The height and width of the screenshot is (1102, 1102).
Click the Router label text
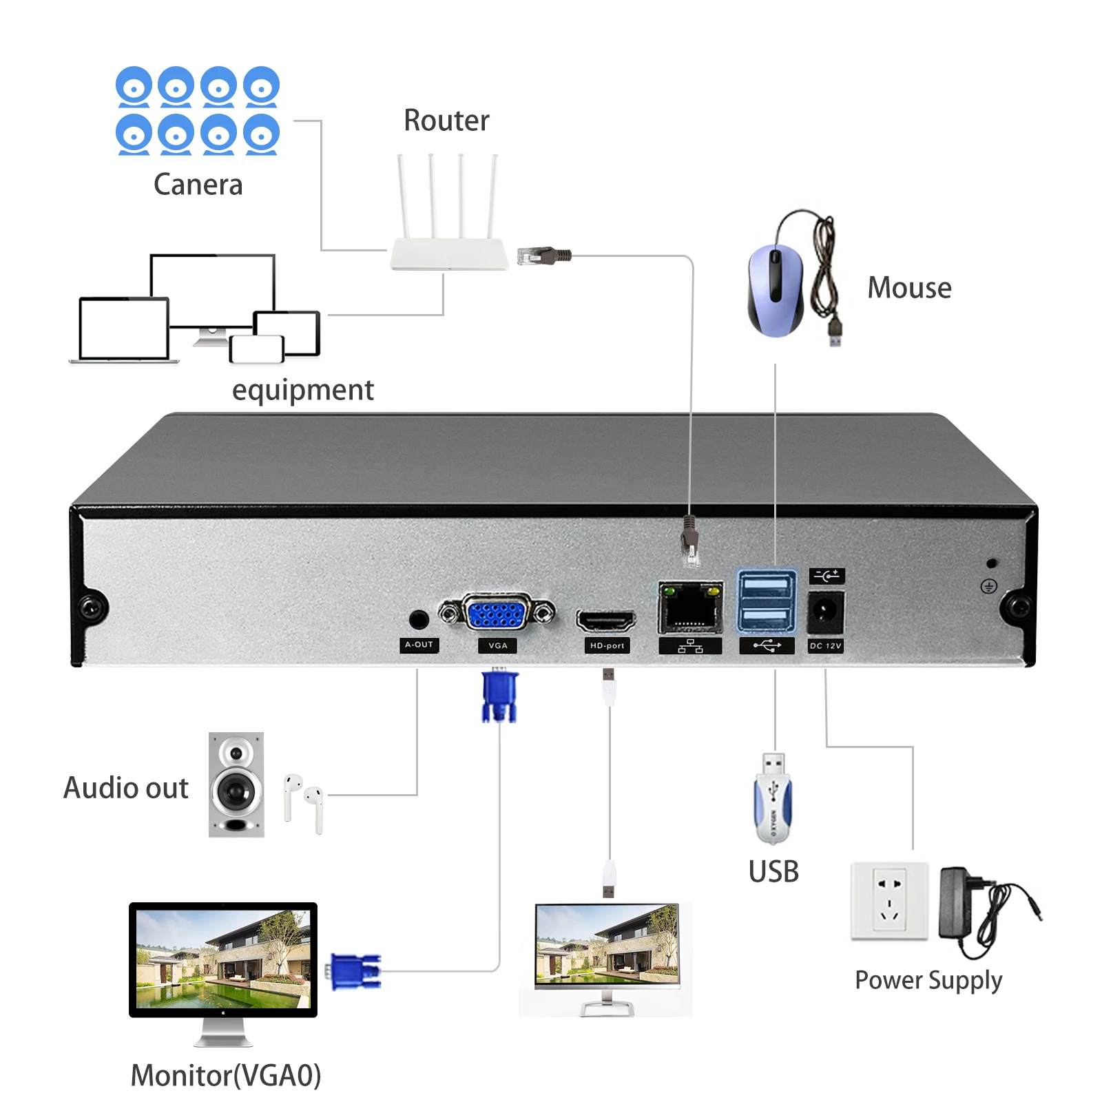pos(446,121)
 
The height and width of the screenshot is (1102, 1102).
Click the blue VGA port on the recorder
pos(497,613)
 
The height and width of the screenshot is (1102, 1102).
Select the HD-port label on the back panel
pos(607,645)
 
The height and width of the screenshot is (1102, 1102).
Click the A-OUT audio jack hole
pos(418,619)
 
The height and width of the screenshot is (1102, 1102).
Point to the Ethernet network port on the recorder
pos(690,607)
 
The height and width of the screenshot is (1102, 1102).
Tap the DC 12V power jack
pos(824,610)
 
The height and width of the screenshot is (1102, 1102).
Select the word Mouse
pos(909,288)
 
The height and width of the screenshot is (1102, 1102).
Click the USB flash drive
pos(773,799)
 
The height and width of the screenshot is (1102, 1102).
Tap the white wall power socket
pos(889,900)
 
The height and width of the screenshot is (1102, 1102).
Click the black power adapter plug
pos(957,902)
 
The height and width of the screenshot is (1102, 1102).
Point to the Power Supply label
pos(928,980)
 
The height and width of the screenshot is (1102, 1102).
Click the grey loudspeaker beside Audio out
pos(236,784)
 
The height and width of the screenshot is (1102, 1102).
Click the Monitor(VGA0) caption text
pos(226,1075)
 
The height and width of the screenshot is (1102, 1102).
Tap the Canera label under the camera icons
pos(198,185)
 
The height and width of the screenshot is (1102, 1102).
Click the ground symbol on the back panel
pos(988,586)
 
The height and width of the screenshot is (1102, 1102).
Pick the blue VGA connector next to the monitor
pos(355,971)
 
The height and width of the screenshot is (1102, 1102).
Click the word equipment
pos(302,391)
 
